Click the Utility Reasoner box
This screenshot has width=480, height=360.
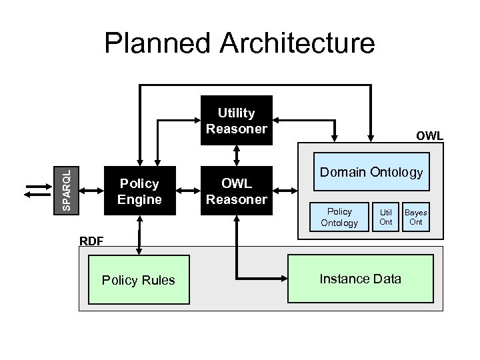[236, 121]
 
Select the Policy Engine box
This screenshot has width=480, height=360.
[139, 191]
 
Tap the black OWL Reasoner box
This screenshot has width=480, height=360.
[236, 191]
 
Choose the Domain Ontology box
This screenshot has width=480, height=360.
[371, 172]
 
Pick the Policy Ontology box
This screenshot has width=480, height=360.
[339, 217]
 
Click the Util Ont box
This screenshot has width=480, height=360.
[386, 217]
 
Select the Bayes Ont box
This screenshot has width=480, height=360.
[416, 217]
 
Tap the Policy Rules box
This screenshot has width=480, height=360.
[138, 279]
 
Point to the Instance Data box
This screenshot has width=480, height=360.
[361, 278]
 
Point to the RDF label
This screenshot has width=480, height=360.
[91, 241]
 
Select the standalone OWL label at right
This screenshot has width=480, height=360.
[429, 136]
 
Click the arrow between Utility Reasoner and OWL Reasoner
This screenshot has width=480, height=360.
[236, 154]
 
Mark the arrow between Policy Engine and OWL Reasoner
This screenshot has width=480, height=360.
[188, 191]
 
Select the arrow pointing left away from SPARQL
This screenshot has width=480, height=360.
[33, 194]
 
